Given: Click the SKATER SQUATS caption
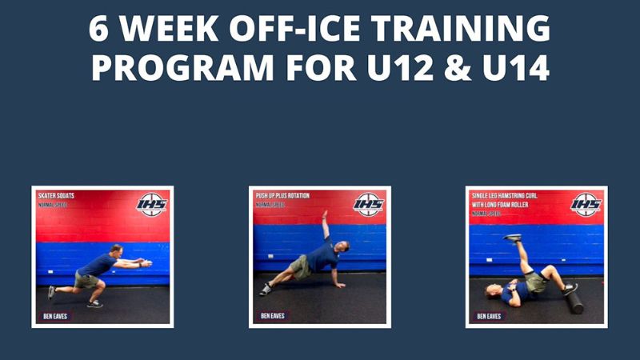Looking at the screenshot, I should click(x=59, y=195).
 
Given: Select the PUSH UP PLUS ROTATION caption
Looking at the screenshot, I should click(x=282, y=195).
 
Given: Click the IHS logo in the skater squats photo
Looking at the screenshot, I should click(x=151, y=205).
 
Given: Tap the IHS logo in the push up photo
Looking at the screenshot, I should click(x=369, y=205).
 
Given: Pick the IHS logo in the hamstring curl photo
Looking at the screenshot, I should click(x=586, y=205).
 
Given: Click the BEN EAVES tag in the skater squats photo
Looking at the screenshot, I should click(x=54, y=316).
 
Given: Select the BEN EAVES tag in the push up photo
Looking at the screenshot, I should click(x=271, y=316).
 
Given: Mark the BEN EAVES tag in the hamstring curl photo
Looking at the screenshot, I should click(x=489, y=316).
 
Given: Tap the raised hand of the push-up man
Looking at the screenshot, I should click(x=324, y=214).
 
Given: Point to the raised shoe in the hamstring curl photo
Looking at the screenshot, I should click(x=511, y=238).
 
